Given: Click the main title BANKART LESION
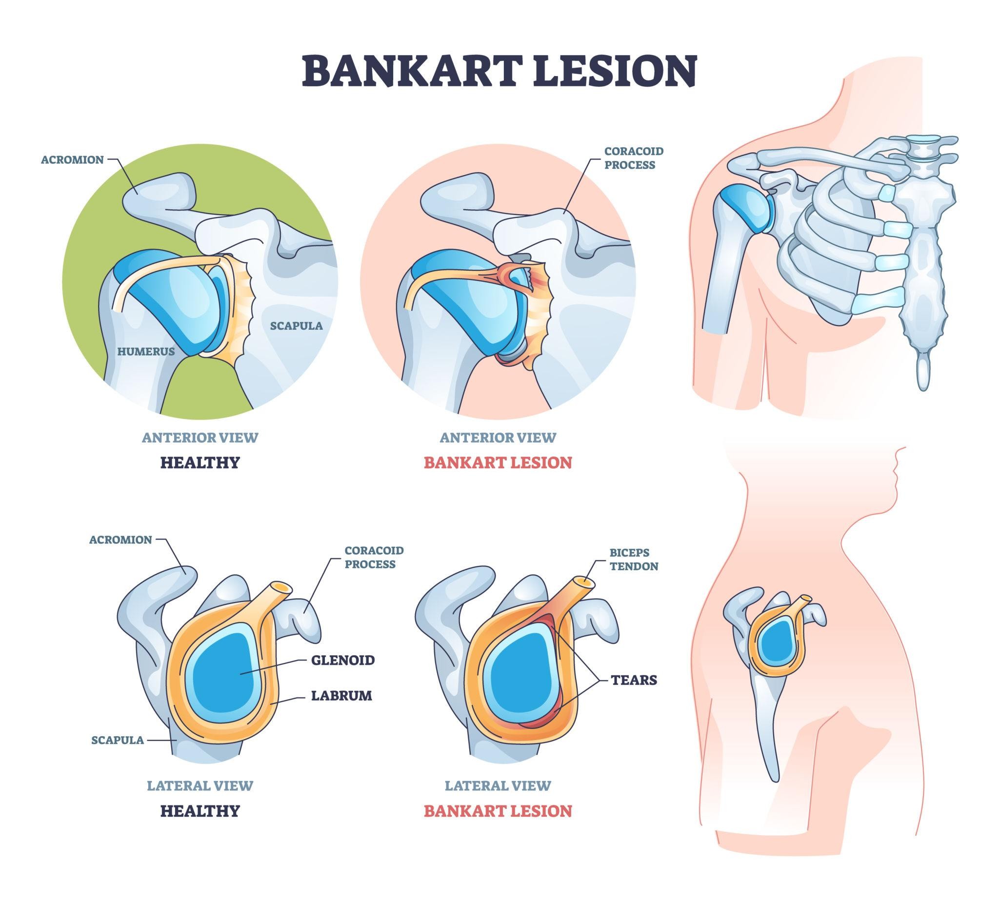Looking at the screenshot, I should pyautogui.click(x=499, y=71).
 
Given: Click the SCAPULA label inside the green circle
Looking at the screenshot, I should pyautogui.click(x=296, y=325).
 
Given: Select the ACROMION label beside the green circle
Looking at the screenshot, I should pyautogui.click(x=72, y=160).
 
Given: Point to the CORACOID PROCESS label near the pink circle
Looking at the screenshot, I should pyautogui.click(x=633, y=158).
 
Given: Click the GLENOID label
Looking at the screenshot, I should pyautogui.click(x=342, y=660).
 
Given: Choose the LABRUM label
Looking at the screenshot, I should pyautogui.click(x=341, y=695).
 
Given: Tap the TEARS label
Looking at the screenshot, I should pyautogui.click(x=634, y=680).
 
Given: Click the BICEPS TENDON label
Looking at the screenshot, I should pyautogui.click(x=634, y=559).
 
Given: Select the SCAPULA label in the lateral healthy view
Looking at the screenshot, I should pyautogui.click(x=118, y=740).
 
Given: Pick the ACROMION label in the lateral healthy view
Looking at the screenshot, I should pyautogui.click(x=120, y=540).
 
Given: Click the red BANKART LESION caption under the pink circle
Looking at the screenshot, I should pyautogui.click(x=498, y=462).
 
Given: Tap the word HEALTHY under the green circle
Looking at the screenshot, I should pyautogui.click(x=200, y=462).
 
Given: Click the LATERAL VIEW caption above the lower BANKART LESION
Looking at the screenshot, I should pyautogui.click(x=498, y=785).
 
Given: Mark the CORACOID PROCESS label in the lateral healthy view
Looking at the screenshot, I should pyautogui.click(x=374, y=557).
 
